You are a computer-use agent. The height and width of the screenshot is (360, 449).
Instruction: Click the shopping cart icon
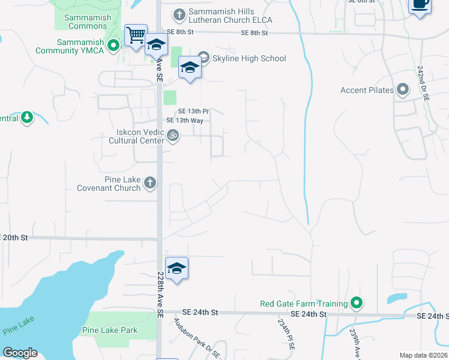click(x=136, y=35)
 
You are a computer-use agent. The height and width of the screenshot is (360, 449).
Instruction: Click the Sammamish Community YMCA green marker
click(x=113, y=46)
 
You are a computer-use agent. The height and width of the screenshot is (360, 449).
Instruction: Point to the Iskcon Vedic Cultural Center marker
click(x=173, y=136)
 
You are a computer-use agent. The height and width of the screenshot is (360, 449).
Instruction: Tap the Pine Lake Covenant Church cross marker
click(x=150, y=182)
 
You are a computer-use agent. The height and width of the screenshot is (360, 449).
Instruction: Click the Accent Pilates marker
click(x=402, y=90)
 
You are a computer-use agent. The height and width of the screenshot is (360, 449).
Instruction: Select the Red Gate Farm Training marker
click(x=357, y=303)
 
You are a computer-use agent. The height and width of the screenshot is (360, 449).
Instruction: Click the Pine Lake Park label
click(x=110, y=330)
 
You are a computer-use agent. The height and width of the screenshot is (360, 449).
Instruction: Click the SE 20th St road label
click(x=14, y=238)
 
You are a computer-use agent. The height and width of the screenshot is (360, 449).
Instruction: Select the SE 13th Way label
click(x=185, y=121)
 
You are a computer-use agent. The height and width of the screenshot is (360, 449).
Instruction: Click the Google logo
click(x=20, y=353)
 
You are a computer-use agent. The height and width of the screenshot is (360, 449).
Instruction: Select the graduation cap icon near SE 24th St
click(x=176, y=269)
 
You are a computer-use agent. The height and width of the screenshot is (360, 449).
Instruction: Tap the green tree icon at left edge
click(x=26, y=117)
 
